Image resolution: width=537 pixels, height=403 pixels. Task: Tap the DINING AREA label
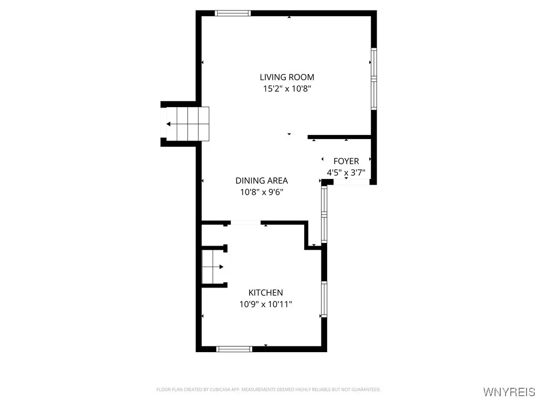click(x=261, y=181)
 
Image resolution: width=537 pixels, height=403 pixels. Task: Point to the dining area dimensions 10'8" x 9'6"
click(x=261, y=192)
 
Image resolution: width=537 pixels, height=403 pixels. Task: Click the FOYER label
click(x=346, y=161)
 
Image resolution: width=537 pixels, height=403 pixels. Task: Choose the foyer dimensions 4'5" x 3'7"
click(x=346, y=172)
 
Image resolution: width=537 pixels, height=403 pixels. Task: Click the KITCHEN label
click(x=265, y=293)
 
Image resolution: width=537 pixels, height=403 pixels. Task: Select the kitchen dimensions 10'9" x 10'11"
click(x=265, y=304)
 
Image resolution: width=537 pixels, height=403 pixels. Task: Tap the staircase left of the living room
click(x=188, y=124)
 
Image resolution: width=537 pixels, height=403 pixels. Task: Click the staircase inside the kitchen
click(x=212, y=267)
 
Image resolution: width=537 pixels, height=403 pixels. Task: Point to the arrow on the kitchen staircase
click(x=221, y=267)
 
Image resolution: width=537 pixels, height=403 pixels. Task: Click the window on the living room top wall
click(x=233, y=14)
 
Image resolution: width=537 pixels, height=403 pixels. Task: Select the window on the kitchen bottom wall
click(x=234, y=348)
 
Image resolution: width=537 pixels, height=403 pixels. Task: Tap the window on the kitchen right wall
click(x=324, y=299)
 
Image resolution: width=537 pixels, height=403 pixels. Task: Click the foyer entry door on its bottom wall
click(x=351, y=182)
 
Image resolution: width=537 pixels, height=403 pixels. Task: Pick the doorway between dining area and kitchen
click(x=245, y=223)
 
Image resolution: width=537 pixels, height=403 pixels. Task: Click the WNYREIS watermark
click(x=509, y=392)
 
